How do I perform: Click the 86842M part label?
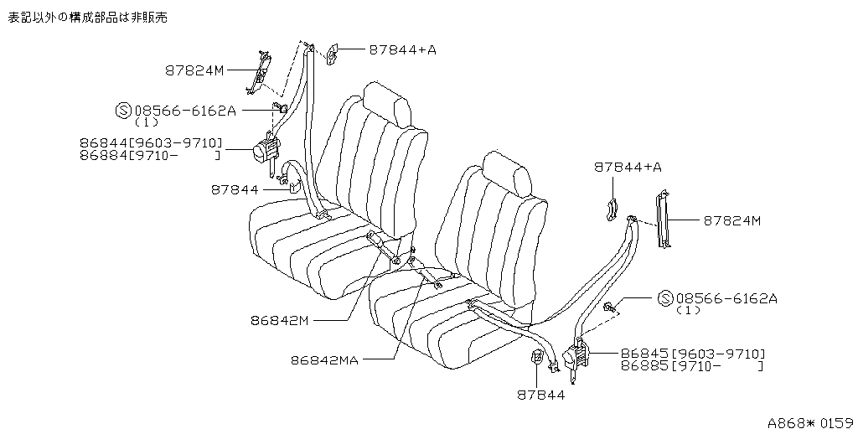pyautogui.click(x=280, y=321)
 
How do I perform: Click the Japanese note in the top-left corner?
pyautogui.click(x=87, y=18)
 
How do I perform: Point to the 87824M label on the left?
pyautogui.click(x=194, y=70)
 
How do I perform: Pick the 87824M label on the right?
pyautogui.click(x=731, y=221)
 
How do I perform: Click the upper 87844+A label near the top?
pyautogui.click(x=402, y=49)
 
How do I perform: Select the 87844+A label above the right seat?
pyautogui.click(x=628, y=168)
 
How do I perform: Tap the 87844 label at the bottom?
pyautogui.click(x=540, y=395)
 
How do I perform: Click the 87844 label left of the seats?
pyautogui.click(x=235, y=190)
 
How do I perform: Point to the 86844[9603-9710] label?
pyautogui.click(x=151, y=144)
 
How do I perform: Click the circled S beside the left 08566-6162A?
pyautogui.click(x=122, y=111)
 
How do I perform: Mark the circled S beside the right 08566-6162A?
pyautogui.click(x=665, y=299)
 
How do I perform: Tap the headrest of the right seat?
pyautogui.click(x=507, y=174)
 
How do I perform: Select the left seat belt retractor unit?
pyautogui.click(x=266, y=150)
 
